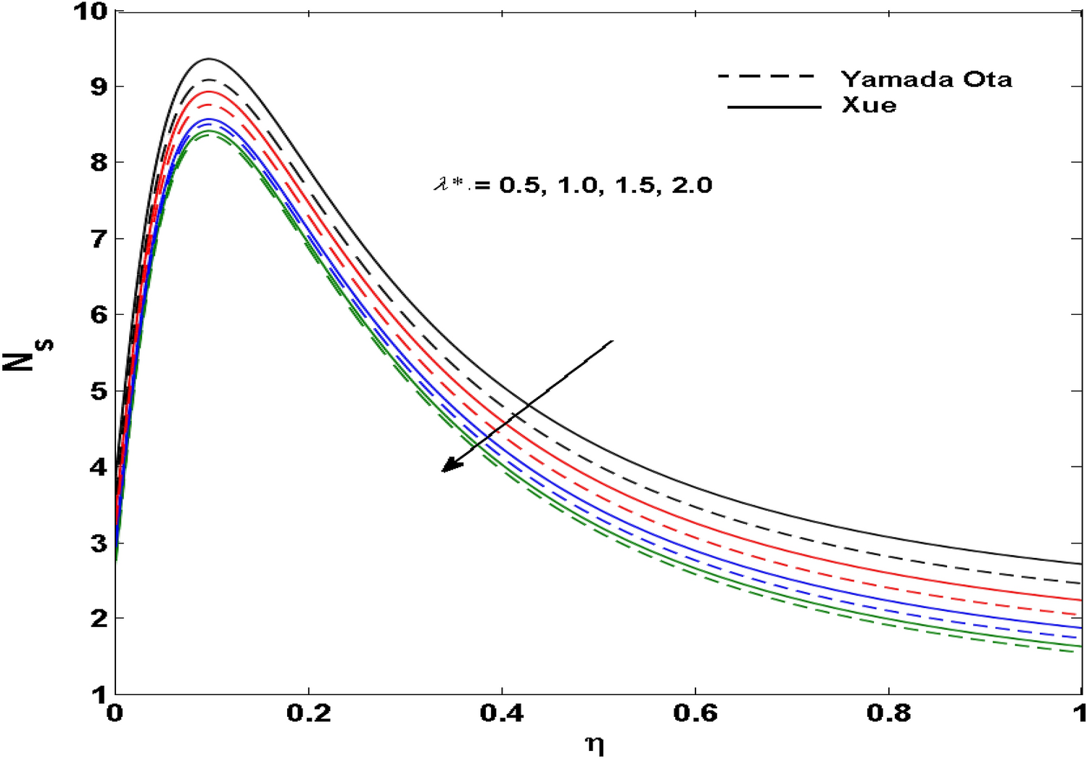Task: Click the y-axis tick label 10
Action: (90, 12)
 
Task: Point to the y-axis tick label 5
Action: (99, 390)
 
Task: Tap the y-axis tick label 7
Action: (99, 239)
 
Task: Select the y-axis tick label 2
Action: (99, 618)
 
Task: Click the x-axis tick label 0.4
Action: (502, 713)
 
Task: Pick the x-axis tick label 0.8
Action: (889, 713)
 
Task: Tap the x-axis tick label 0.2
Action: (309, 713)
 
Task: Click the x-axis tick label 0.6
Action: (695, 713)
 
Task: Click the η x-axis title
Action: (595, 744)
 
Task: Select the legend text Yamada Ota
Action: (926, 78)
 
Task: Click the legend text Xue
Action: (869, 105)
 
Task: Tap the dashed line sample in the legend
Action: (767, 76)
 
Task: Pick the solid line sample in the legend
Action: (774, 107)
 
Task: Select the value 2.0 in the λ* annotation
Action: (692, 186)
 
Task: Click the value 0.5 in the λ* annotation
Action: (518, 186)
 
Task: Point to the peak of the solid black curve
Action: (210, 59)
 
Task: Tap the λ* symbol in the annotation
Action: (450, 186)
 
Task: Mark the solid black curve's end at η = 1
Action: (1080, 564)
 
